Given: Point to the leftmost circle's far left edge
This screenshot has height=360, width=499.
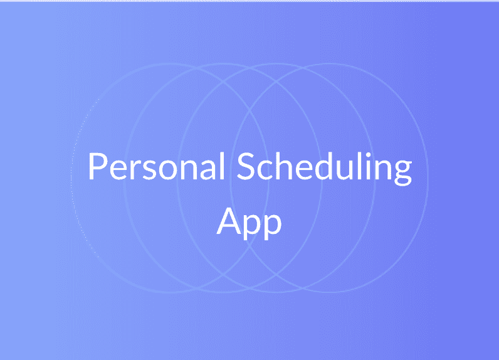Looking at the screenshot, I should tap(71, 178).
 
